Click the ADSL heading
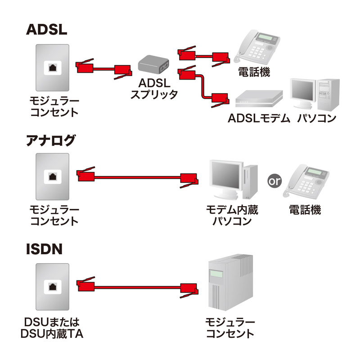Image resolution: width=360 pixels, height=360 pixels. point(47,29)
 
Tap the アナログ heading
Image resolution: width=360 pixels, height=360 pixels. point(50,140)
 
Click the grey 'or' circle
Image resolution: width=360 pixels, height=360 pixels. point(274,181)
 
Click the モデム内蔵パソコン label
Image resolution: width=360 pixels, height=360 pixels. point(232,216)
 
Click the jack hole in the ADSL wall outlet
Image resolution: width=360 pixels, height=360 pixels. point(53,68)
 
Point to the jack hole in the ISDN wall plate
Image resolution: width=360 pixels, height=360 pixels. point(53,287)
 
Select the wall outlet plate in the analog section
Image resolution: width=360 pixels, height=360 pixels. point(53,176)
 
